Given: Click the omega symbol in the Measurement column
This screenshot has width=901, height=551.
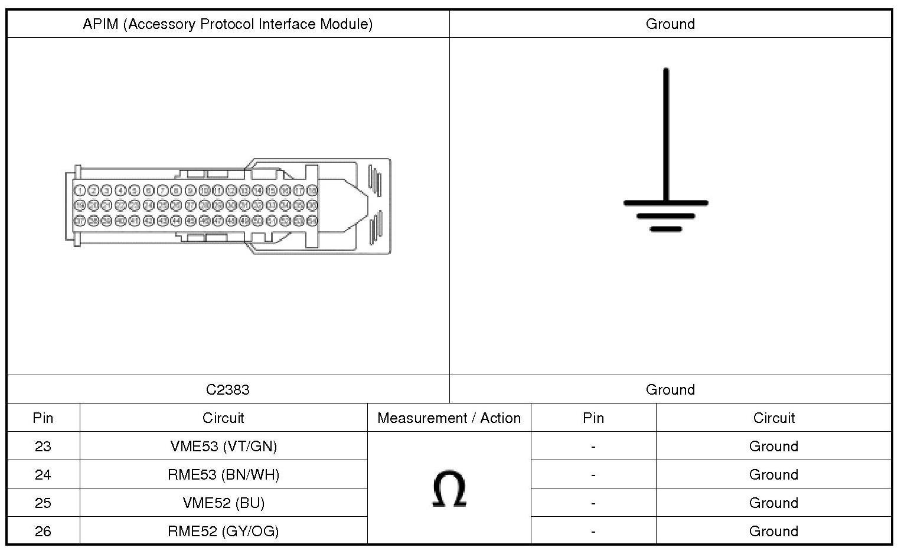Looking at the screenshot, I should click(449, 489).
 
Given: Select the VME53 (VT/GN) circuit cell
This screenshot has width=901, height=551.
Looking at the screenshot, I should click(223, 446).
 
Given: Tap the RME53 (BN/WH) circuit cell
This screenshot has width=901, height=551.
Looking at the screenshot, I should click(223, 474).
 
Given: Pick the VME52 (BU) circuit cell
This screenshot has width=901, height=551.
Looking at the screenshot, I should click(223, 503).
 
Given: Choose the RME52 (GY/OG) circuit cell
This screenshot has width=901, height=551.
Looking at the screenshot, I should click(223, 531).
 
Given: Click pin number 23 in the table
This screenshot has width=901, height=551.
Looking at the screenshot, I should click(43, 446).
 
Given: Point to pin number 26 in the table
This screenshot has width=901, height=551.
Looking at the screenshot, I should click(43, 531).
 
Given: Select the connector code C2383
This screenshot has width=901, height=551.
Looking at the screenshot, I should click(228, 389).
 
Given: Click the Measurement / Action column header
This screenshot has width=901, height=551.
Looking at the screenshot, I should click(449, 418).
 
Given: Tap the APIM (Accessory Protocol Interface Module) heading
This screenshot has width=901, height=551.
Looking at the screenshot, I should click(228, 24).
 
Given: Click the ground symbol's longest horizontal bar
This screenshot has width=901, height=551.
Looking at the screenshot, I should click(665, 204).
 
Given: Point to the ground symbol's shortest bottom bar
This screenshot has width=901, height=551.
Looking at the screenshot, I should click(665, 229).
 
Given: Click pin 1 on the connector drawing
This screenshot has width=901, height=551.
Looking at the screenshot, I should click(80, 191).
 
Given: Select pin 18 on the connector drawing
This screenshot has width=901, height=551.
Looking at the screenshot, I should click(313, 191).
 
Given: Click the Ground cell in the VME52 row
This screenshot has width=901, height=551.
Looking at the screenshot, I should click(773, 503).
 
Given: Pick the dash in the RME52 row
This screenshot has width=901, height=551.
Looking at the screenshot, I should click(593, 531).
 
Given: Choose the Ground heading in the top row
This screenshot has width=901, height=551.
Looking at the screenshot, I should click(670, 24).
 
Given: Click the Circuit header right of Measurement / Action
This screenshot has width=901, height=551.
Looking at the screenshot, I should click(773, 418).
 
